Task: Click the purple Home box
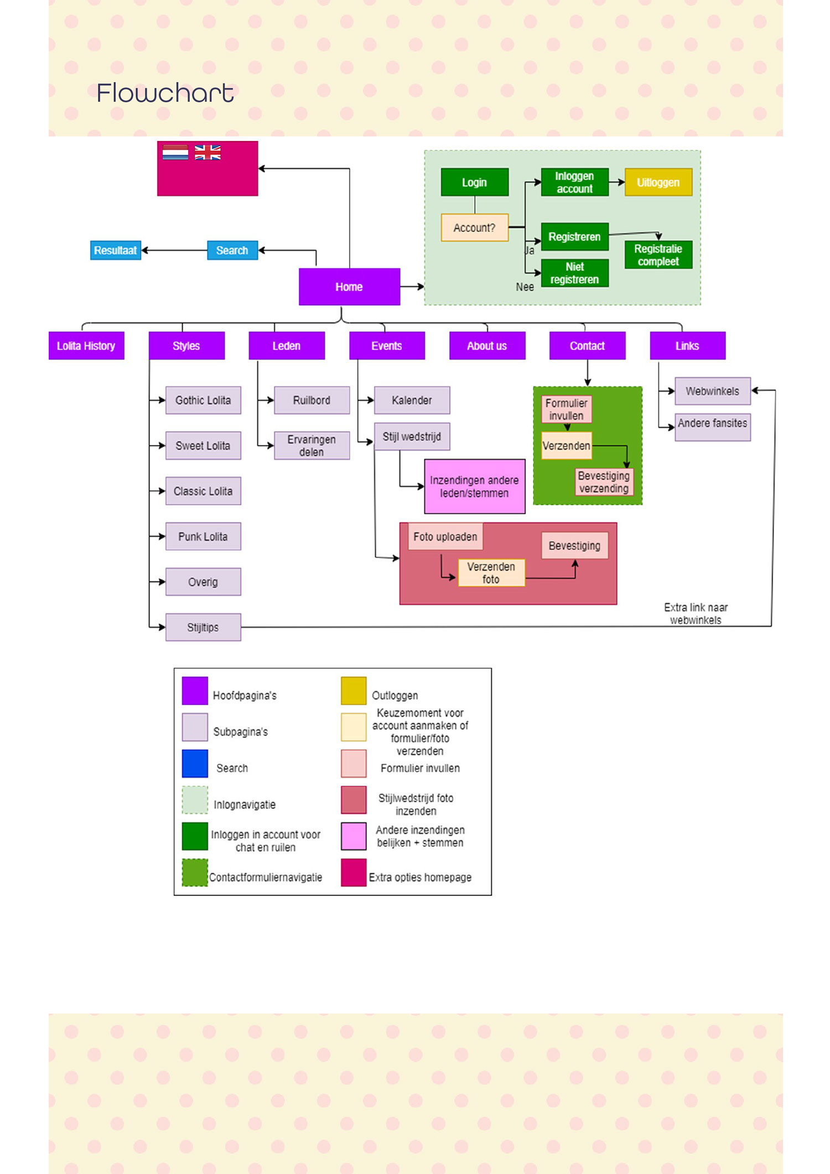click(349, 287)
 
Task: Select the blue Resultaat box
click(116, 250)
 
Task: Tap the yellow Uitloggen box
click(658, 182)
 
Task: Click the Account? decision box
click(474, 227)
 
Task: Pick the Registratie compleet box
click(658, 255)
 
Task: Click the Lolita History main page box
click(86, 346)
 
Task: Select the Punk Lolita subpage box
click(203, 536)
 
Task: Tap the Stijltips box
click(203, 627)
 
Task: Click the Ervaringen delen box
click(312, 445)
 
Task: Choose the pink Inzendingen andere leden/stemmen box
click(474, 486)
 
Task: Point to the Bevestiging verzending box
click(604, 482)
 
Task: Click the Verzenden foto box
click(491, 573)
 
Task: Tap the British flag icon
click(207, 153)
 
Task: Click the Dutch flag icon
click(175, 153)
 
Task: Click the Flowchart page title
click(165, 92)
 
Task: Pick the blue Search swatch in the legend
click(195, 763)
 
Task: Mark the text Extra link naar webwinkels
click(696, 614)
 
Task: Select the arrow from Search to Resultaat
click(174, 250)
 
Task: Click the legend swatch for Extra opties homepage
click(354, 872)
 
